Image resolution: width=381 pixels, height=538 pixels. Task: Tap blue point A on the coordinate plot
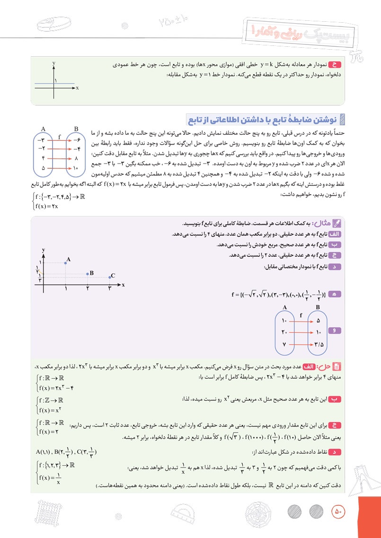click(65, 262)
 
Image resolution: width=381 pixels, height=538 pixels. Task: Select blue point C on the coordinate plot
click(110, 278)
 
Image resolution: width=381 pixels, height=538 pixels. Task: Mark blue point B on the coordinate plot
click(88, 274)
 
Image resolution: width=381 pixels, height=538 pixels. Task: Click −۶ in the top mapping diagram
click(76, 140)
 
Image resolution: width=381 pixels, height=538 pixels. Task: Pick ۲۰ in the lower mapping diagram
click(285, 332)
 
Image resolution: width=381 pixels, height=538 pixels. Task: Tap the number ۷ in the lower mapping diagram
click(285, 344)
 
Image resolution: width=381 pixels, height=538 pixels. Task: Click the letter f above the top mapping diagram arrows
click(60, 136)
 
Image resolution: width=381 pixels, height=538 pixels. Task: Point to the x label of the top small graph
click(77, 88)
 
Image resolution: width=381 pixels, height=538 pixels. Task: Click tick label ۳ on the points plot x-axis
click(109, 287)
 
